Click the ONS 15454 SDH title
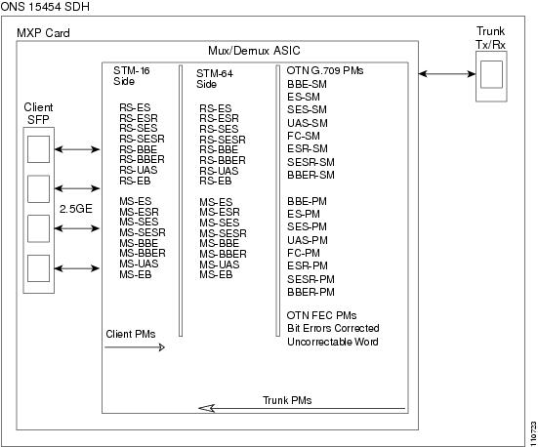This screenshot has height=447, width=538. click(x=45, y=6)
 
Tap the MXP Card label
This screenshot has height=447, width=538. click(x=43, y=33)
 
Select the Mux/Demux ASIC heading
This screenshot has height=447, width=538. click(x=254, y=51)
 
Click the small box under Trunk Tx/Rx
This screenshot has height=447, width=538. click(x=491, y=74)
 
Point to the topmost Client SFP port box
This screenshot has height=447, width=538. click(x=38, y=149)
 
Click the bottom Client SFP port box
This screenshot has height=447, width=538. click(x=38, y=268)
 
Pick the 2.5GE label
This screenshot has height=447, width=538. click(x=76, y=209)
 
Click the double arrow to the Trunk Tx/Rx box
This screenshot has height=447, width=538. click(x=447, y=73)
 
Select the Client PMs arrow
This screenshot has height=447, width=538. click(x=135, y=347)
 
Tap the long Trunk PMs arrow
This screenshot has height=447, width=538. click(x=302, y=408)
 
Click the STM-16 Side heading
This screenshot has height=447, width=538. click(x=132, y=76)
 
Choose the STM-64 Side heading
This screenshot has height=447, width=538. click(x=215, y=78)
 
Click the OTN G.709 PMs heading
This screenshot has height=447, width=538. click(x=325, y=70)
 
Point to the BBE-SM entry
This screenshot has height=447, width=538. click(x=308, y=84)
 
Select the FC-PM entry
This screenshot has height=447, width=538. click(x=304, y=253)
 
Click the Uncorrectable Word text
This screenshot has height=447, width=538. click(x=333, y=342)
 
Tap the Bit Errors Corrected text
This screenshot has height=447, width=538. click(x=333, y=328)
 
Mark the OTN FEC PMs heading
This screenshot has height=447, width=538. click(x=321, y=315)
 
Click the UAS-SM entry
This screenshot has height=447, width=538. click(x=308, y=123)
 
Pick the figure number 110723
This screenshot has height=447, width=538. click(x=533, y=433)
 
